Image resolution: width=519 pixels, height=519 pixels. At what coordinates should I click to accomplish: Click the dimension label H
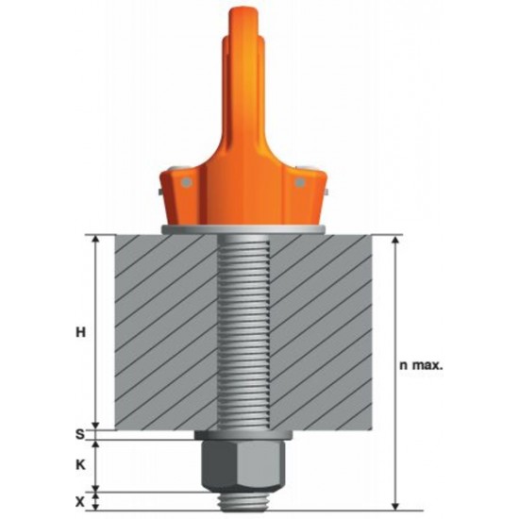(81, 331)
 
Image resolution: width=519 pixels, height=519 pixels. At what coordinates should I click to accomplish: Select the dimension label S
(80, 434)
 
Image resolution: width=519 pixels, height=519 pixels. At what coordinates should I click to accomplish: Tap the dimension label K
(80, 465)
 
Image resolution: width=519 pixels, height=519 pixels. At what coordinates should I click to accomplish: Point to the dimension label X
(80, 502)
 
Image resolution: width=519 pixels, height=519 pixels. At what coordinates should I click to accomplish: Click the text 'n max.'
(421, 365)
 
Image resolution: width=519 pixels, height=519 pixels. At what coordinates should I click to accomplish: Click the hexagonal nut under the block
(243, 466)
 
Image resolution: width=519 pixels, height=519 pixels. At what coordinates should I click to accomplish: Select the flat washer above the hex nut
(243, 435)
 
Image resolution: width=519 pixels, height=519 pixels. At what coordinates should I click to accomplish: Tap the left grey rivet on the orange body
(187, 182)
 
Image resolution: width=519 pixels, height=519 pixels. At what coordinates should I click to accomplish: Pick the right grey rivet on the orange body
(299, 182)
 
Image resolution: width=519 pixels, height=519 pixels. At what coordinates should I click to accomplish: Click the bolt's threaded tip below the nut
(243, 501)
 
